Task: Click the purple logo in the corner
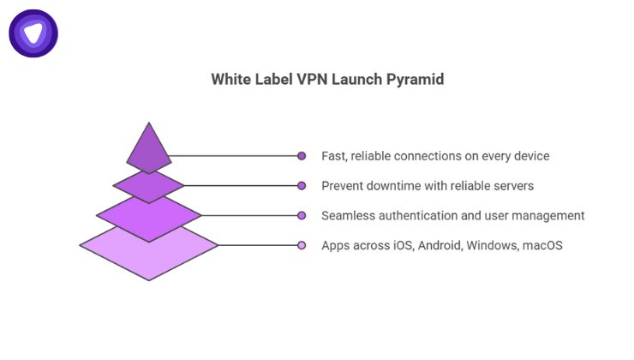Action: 33,33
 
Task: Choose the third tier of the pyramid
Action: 149,215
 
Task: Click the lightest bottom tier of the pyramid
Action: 149,251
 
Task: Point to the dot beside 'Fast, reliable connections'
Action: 302,156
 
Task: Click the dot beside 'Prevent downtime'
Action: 302,185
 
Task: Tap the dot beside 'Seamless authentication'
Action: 302,215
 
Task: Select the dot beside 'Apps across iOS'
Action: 302,245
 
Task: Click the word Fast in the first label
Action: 334,156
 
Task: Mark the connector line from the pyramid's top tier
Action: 231,156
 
